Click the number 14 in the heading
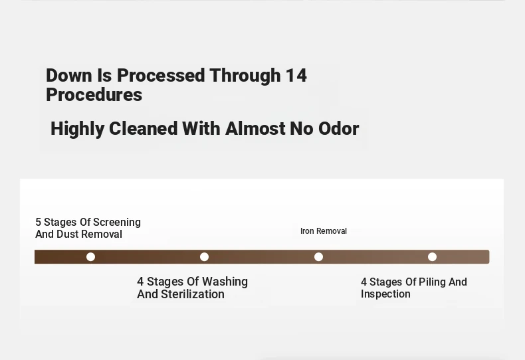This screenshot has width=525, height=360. (x=296, y=75)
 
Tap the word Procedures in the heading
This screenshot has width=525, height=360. (x=94, y=95)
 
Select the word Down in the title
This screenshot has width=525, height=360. (x=68, y=75)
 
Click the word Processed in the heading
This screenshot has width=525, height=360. (x=160, y=75)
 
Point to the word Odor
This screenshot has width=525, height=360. (x=338, y=128)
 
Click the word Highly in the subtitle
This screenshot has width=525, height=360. (x=77, y=129)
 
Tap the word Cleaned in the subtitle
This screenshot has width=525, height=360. (x=144, y=128)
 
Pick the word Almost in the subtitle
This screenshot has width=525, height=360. (x=255, y=128)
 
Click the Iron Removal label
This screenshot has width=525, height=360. (x=324, y=231)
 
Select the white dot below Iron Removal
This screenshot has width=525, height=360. (x=318, y=257)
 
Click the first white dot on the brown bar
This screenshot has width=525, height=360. (x=90, y=257)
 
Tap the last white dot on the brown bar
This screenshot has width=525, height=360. (x=432, y=257)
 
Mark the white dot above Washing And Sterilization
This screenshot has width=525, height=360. (x=204, y=257)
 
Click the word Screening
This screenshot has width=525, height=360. (x=118, y=223)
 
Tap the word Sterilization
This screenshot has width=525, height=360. (x=193, y=294)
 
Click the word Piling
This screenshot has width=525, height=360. (x=432, y=282)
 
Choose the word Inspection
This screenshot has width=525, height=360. (x=385, y=294)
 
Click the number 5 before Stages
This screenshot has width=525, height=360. (x=38, y=222)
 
